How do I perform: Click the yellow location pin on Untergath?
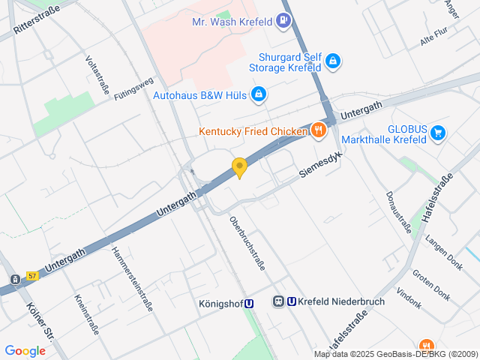[x=239, y=167]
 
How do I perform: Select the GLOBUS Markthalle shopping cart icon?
[x=438, y=134]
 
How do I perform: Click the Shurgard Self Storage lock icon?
[x=334, y=61]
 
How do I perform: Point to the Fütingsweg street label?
[x=133, y=88]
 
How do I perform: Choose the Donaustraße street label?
[x=398, y=211]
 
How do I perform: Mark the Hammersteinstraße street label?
[x=132, y=279]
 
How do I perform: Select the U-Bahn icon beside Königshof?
[x=249, y=303]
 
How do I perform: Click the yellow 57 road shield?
[x=32, y=275]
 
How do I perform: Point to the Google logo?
[x=25, y=350]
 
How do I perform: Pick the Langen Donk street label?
[x=444, y=251]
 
